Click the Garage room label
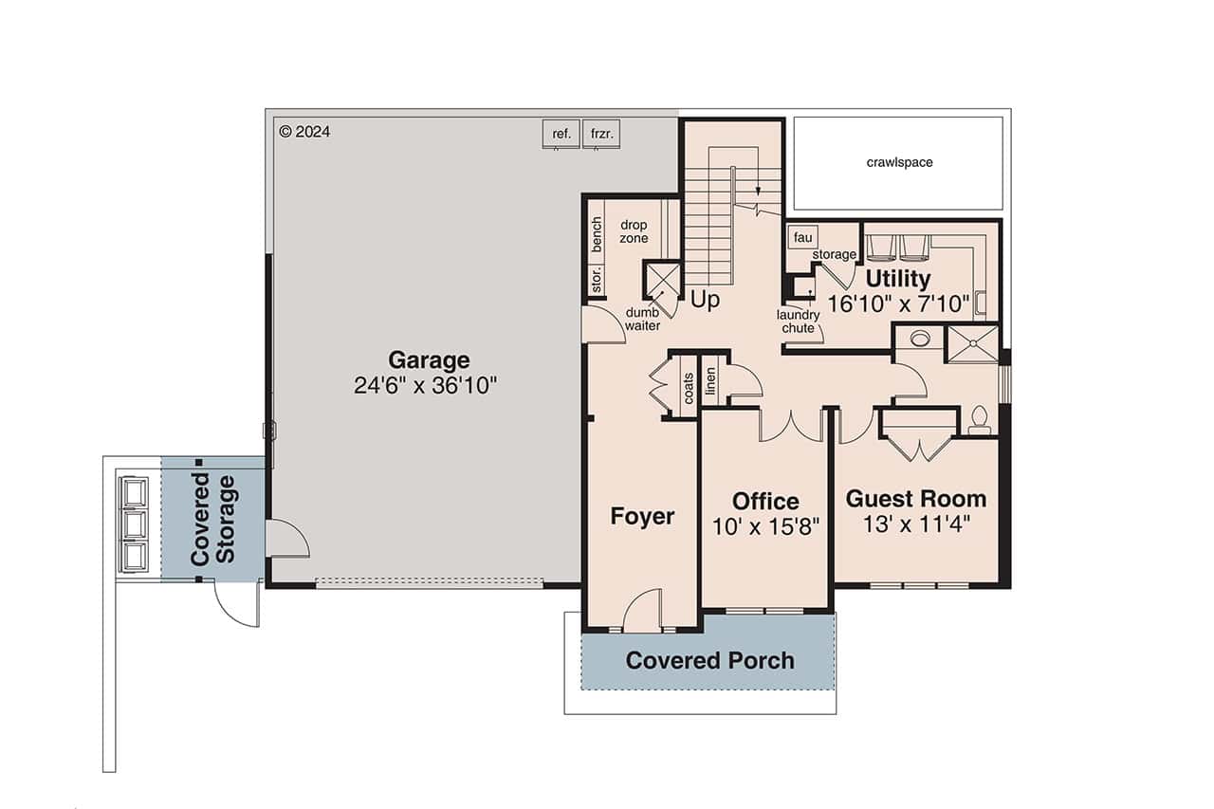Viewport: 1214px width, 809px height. [x=429, y=360]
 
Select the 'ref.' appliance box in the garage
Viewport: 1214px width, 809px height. [x=561, y=134]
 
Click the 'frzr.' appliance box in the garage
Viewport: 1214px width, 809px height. [x=602, y=134]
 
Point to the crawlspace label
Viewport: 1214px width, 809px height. [x=899, y=162]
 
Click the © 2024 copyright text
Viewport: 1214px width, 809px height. [x=304, y=132]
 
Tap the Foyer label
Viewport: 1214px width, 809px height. [x=642, y=516]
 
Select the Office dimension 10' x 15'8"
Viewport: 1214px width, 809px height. [x=765, y=525]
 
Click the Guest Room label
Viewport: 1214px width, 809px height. [x=915, y=499]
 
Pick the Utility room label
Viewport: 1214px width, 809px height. [x=897, y=279]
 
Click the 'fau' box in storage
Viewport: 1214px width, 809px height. [x=802, y=236]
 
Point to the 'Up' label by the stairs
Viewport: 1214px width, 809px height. [x=705, y=300]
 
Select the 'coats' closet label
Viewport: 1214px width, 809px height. [x=689, y=387]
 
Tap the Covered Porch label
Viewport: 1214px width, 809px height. [x=709, y=660]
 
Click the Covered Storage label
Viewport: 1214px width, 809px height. [x=212, y=520]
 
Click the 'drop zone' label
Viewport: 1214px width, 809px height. [x=634, y=231]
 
